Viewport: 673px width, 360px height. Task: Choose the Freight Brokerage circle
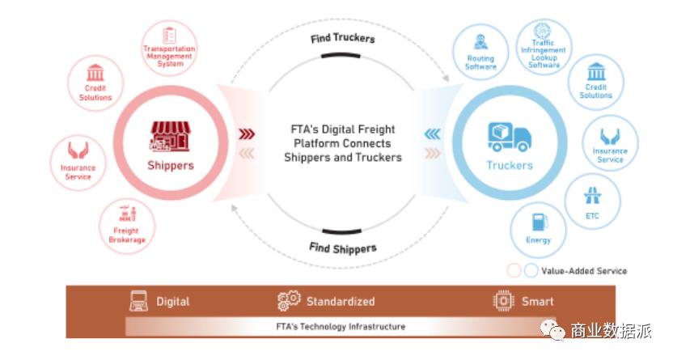[x=127, y=223]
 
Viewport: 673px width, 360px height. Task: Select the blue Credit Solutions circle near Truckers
[x=596, y=82]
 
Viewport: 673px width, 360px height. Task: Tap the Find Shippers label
[x=342, y=248]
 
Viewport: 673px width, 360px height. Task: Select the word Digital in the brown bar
[x=172, y=302]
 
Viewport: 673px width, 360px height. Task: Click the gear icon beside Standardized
[x=288, y=302]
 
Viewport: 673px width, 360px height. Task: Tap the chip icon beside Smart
[x=504, y=302]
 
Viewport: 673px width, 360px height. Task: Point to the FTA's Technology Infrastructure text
[x=336, y=327]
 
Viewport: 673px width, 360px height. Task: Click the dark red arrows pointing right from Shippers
[x=245, y=134]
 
